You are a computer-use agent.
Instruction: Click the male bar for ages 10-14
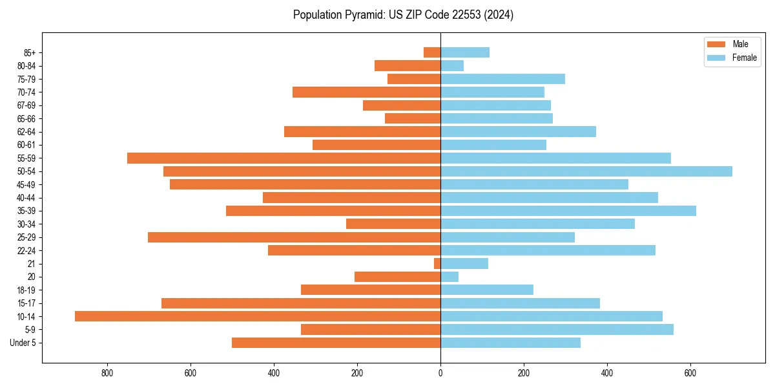pos(258,316)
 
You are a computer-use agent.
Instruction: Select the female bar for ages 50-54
pos(586,171)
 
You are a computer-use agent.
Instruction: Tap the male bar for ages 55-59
pos(284,158)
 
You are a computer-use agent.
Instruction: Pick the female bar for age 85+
pos(465,52)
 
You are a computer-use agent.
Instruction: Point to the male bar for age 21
pos(437,263)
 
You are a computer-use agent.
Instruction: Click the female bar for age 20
pos(449,277)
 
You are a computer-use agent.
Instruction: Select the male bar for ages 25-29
pos(294,237)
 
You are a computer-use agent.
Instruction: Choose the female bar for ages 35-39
pos(568,211)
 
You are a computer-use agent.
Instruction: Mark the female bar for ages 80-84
pos(452,65)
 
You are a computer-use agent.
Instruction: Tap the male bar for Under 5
pos(336,343)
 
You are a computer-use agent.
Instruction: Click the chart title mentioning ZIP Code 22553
pos(403,15)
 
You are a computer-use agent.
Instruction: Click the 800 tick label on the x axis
pos(107,373)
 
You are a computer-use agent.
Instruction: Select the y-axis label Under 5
pos(23,343)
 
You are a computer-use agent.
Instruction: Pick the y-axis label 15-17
pos(26,303)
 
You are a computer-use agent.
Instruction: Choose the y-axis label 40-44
pos(26,198)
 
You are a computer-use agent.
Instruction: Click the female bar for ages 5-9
pos(557,330)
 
